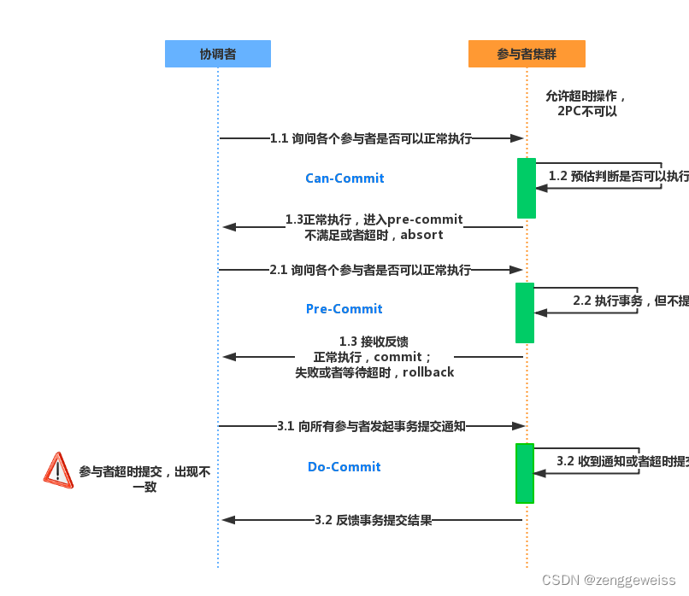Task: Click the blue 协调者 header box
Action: pos(218,54)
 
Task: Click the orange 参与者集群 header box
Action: pos(527,54)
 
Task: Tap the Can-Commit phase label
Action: pos(344,178)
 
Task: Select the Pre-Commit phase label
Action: pos(344,309)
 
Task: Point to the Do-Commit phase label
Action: pos(344,467)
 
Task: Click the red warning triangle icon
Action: pos(58,470)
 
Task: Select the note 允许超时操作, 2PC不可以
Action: pos(587,103)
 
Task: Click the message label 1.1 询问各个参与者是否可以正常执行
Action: pos(371,137)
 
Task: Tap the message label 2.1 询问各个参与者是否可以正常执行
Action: pos(370,270)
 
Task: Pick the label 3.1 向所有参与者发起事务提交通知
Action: pos(371,425)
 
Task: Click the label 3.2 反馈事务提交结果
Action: pos(373,520)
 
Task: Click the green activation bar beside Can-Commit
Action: pos(527,188)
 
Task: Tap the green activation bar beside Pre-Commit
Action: pos(525,313)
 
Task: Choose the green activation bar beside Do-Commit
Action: pos(525,473)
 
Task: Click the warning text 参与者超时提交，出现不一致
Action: pos(144,479)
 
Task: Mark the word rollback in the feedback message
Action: pos(428,372)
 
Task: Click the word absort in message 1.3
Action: pos(421,235)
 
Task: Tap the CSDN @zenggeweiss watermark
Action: pos(609,580)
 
